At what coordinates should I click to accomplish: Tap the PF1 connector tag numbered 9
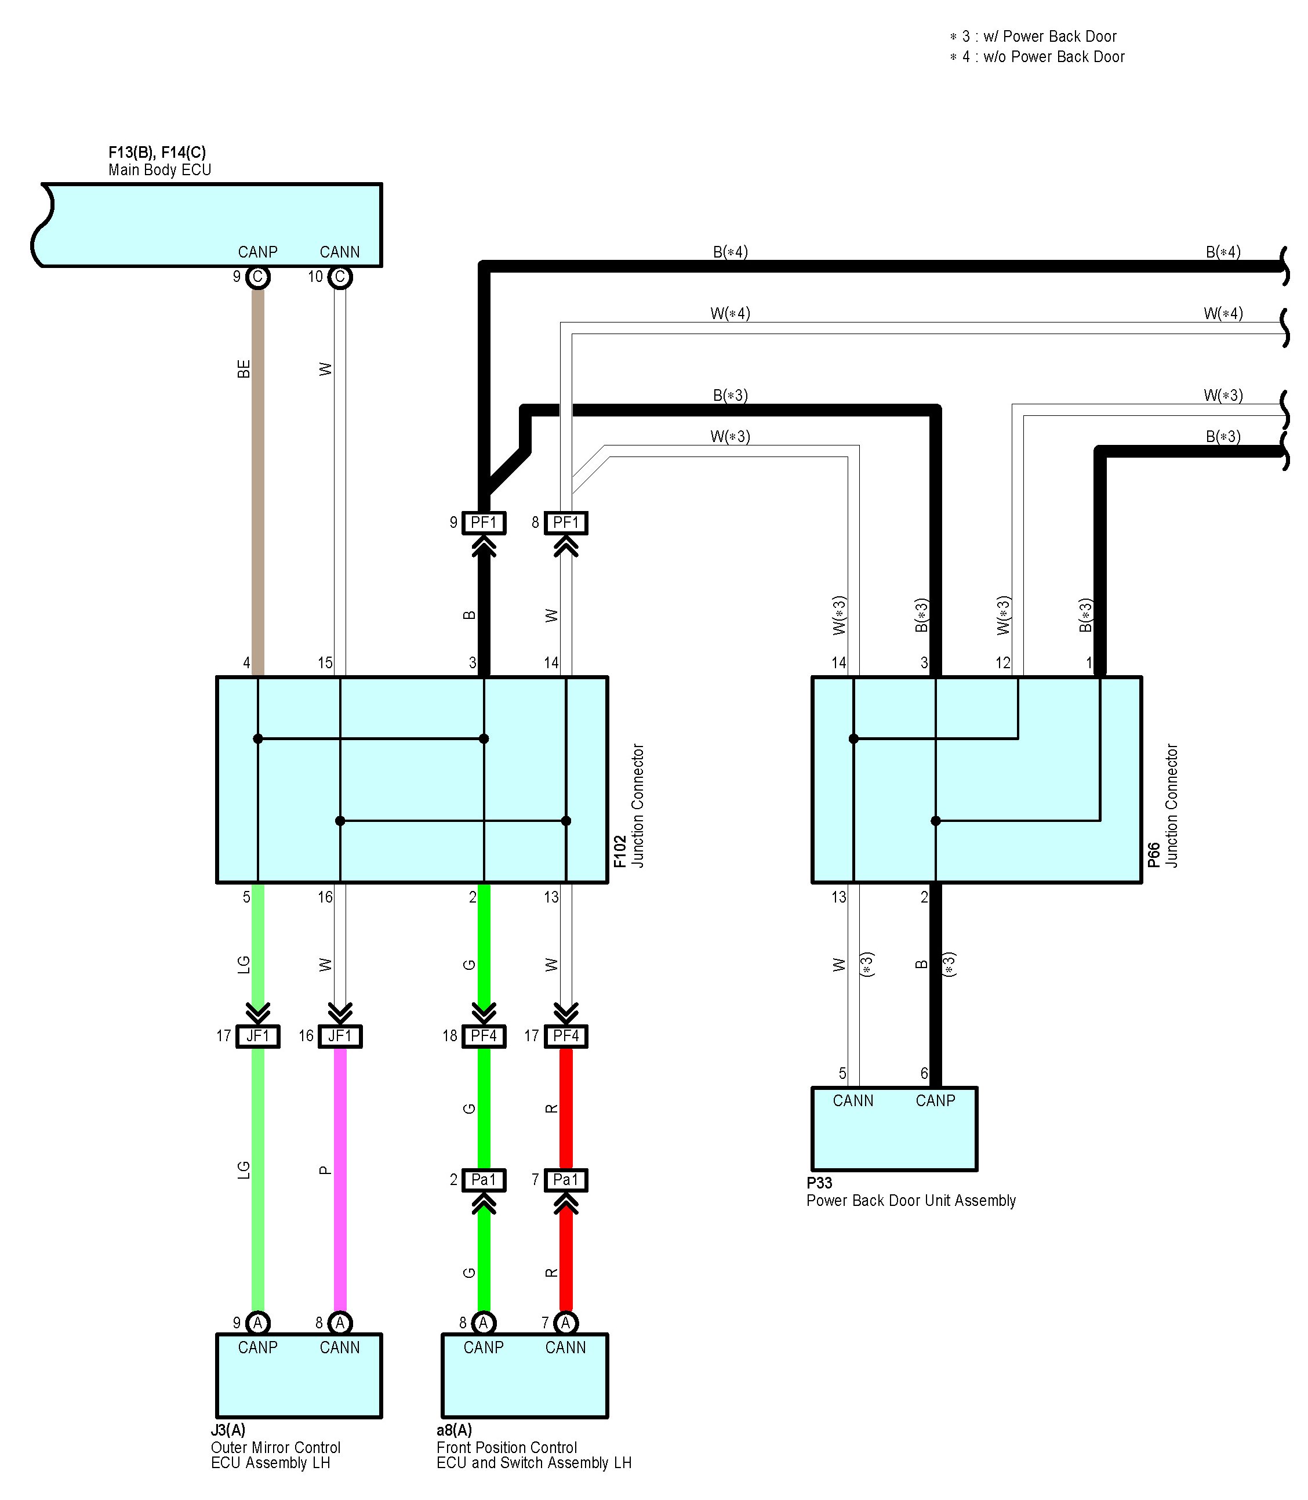click(484, 523)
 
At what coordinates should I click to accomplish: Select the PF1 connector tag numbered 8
click(566, 523)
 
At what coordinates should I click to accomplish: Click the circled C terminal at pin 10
click(340, 277)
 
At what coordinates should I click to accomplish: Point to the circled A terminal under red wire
click(566, 1323)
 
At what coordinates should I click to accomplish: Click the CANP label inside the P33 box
click(935, 1100)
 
